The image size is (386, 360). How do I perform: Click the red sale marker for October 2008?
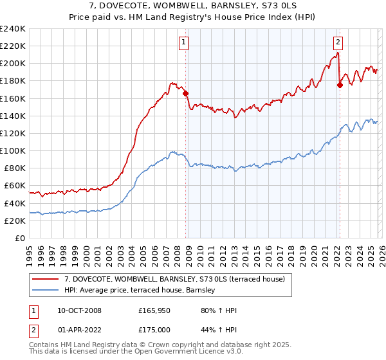point(186,93)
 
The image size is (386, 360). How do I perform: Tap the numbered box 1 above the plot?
point(183,43)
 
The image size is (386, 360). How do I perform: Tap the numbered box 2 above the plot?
point(337,43)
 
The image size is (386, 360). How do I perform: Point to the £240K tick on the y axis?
point(12,29)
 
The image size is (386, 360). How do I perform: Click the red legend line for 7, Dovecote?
point(46,279)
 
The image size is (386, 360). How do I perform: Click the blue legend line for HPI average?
point(46,291)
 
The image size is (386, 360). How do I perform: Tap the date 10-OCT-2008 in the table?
point(79,310)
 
